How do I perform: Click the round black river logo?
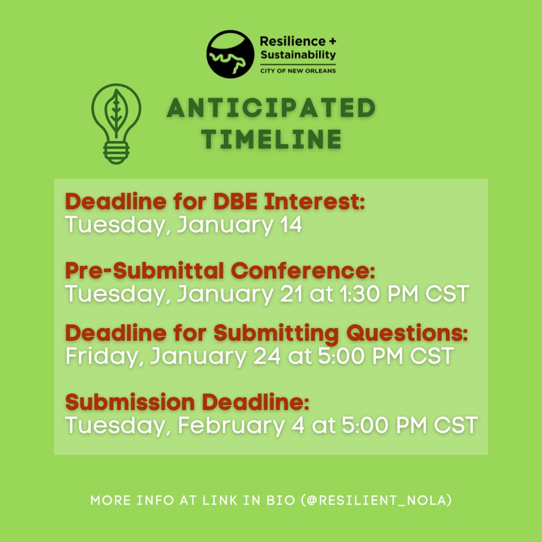point(230,54)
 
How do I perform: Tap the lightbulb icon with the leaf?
point(116,123)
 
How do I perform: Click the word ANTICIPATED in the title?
point(272,108)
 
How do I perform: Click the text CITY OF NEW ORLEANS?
point(298,71)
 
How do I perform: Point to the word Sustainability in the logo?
point(298,54)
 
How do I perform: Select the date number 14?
point(289,225)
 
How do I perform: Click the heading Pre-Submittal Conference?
point(220,271)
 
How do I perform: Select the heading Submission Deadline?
point(187,402)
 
